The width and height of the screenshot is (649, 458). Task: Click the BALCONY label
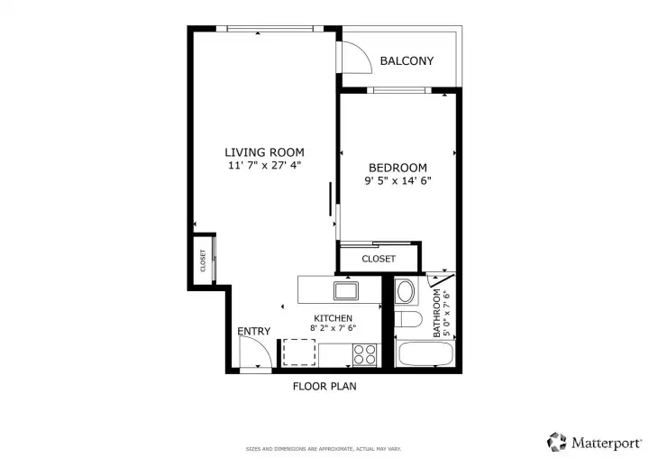407,61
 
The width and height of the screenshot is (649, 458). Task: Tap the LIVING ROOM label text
264,152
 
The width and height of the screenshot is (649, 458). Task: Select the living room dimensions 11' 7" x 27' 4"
264,166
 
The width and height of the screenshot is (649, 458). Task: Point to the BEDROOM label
398,168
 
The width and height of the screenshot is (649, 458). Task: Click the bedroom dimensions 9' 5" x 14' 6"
398,180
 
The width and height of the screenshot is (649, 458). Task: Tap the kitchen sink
346,290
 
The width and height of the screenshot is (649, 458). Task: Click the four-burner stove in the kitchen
365,355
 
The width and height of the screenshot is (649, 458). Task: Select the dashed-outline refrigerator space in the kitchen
299,353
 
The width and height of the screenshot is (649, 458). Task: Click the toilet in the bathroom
408,319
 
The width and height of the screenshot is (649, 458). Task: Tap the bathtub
425,353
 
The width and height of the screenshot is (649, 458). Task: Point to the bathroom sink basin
406,291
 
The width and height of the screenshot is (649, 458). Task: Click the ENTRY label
253,331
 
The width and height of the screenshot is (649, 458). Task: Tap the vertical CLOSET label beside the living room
203,261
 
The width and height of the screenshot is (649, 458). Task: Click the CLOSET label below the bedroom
379,259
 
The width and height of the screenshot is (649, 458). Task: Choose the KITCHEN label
334,318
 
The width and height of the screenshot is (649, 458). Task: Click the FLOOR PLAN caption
324,387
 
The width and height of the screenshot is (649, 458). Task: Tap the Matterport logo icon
557,442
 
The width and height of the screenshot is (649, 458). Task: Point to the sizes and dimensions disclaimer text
324,449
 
